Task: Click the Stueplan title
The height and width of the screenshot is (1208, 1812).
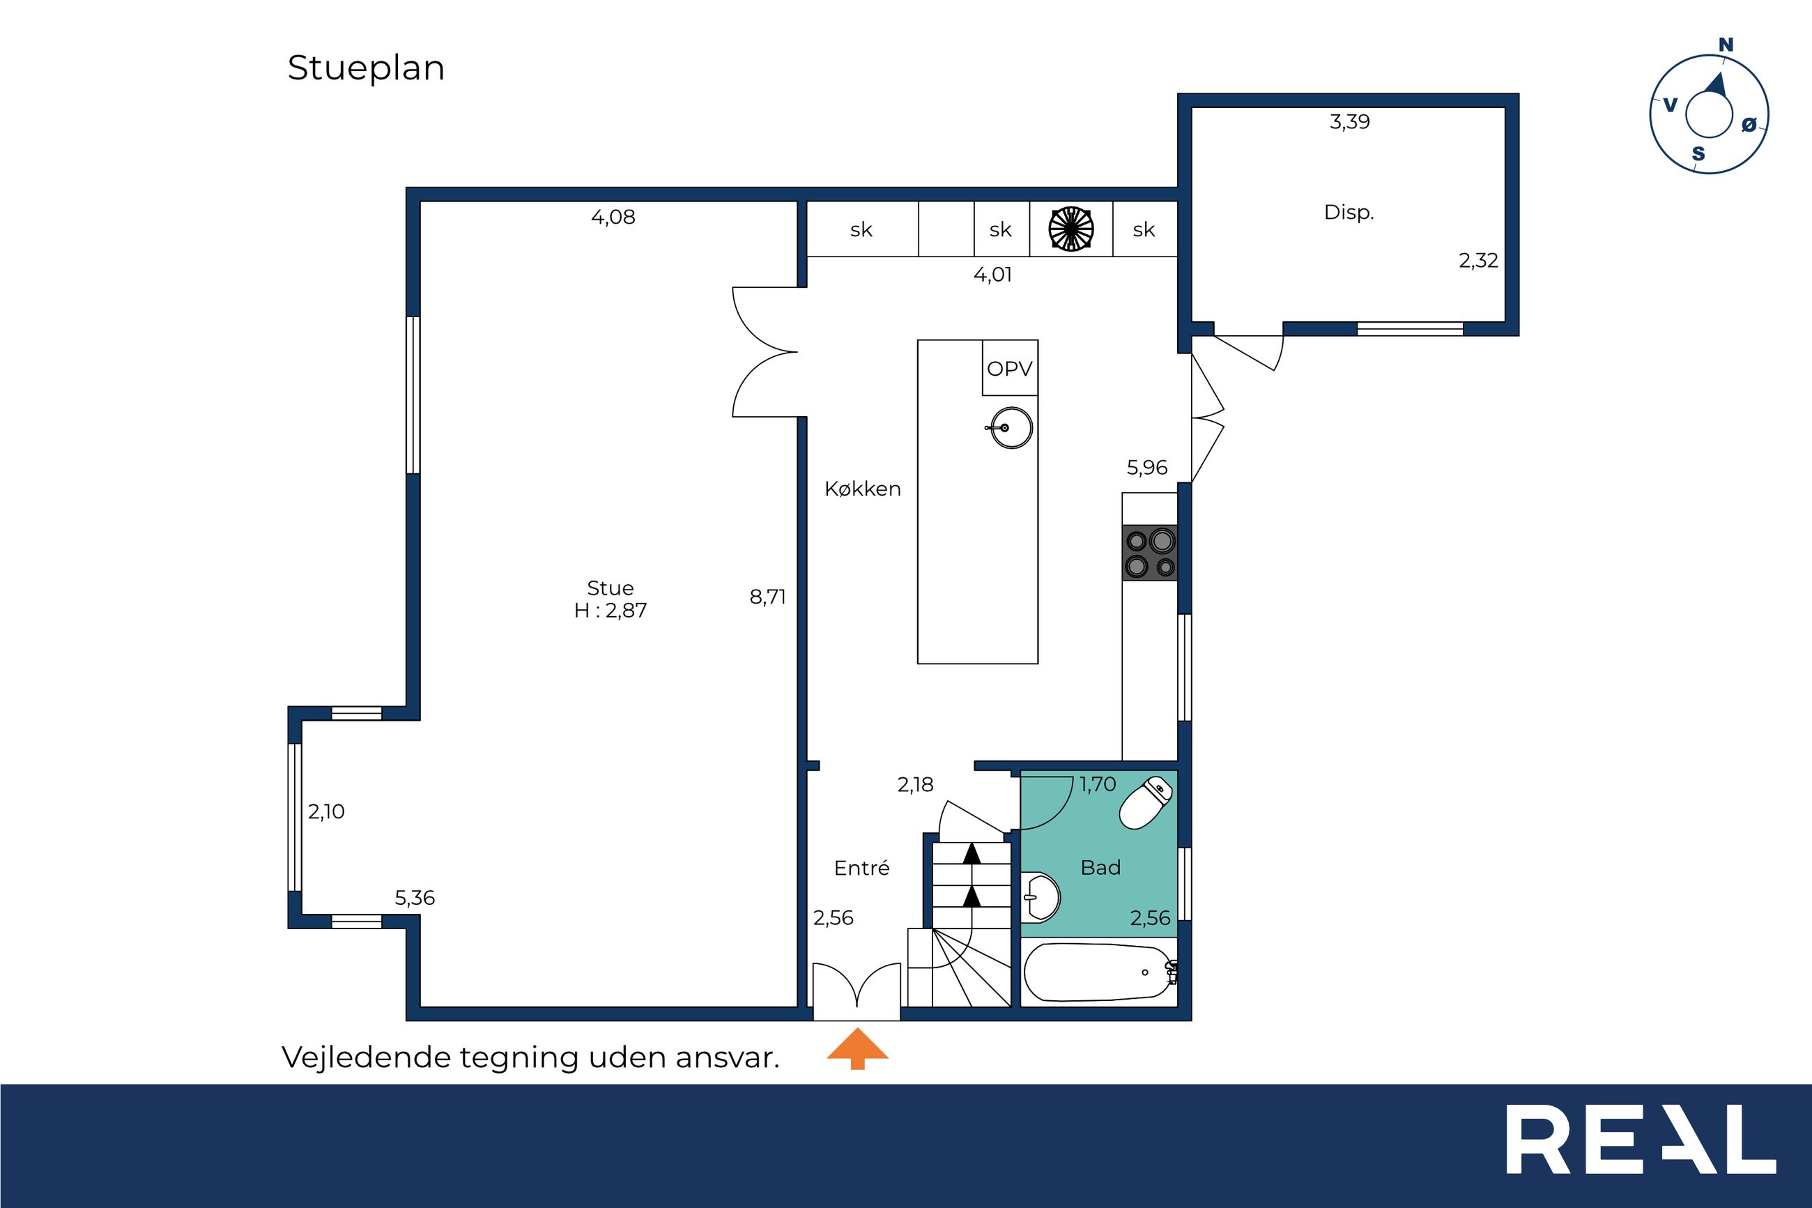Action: (x=366, y=68)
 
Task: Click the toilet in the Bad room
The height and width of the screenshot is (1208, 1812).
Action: (x=1145, y=803)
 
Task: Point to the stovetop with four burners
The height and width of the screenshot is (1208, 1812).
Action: (x=1150, y=552)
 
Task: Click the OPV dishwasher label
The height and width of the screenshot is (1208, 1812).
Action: (x=1010, y=369)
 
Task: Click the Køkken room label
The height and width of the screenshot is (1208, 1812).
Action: (x=863, y=489)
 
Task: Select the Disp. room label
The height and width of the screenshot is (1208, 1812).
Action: (x=1349, y=213)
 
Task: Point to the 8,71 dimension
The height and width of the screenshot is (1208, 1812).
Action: (x=768, y=596)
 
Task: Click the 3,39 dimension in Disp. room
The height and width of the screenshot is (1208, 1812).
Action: (x=1350, y=122)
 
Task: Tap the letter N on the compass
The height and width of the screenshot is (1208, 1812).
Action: (x=1726, y=45)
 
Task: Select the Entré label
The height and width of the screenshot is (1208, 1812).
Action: (x=861, y=869)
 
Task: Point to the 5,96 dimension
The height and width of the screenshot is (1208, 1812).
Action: (x=1146, y=468)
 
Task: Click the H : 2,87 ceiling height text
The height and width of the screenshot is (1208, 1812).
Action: (x=611, y=611)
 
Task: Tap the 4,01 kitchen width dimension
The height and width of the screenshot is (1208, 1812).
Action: (x=992, y=275)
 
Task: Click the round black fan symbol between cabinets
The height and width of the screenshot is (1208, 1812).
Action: (x=1071, y=229)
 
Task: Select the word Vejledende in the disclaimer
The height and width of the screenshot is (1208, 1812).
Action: (x=366, y=1057)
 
